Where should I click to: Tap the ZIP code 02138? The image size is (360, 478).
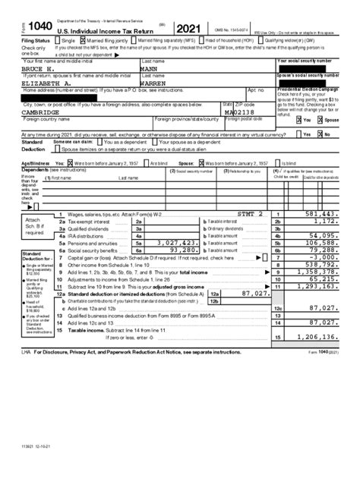[242, 112]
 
